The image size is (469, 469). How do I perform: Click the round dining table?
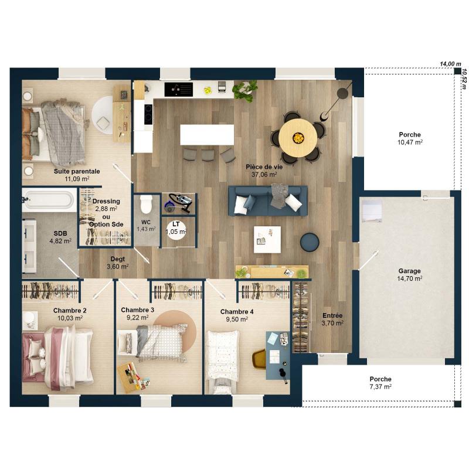click(x=298, y=138)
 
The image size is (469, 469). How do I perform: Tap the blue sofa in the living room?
click(x=268, y=200)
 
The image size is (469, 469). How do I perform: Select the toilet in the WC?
click(x=146, y=204)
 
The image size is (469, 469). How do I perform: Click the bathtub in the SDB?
click(x=49, y=200)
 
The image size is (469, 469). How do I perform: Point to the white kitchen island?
click(x=207, y=135)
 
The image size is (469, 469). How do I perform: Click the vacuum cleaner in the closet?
click(x=178, y=203)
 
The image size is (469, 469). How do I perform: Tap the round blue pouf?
click(x=310, y=242)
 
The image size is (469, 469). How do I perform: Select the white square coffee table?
click(x=267, y=239)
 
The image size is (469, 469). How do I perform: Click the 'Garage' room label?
click(x=409, y=271)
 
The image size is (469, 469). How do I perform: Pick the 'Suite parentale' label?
click(x=77, y=171)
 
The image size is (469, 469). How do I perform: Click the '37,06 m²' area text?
click(x=264, y=174)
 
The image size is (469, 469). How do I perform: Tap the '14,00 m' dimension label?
click(x=450, y=64)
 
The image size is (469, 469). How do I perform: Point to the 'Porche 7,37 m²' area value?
click(x=380, y=387)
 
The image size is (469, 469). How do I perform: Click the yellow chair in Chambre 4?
click(x=260, y=359)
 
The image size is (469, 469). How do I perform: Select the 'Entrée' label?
click(x=332, y=315)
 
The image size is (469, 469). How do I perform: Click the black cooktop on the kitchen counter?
click(x=179, y=90)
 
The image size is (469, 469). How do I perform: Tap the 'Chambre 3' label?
click(x=138, y=310)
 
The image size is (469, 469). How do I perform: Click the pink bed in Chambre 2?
click(x=57, y=358)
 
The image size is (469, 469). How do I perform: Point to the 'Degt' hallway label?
click(x=118, y=259)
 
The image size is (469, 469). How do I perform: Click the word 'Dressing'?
click(x=106, y=201)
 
